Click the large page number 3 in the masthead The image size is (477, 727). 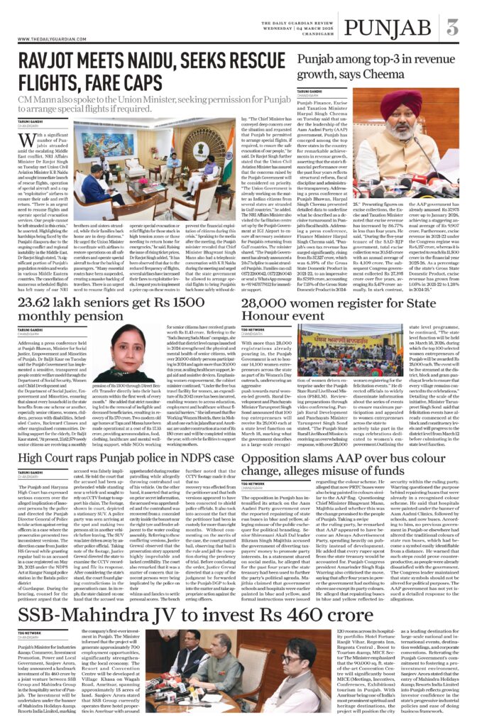point(452,28)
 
